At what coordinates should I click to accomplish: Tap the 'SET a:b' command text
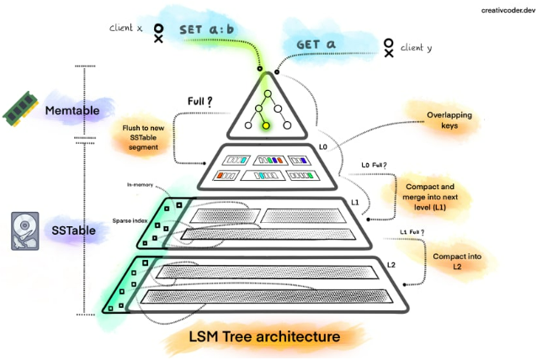pos(208,29)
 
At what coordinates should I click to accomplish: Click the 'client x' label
pos(126,29)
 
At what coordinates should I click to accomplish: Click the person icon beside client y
pos(389,47)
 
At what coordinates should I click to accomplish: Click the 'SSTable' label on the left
pos(76,230)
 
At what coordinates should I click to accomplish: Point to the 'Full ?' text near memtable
pos(199,103)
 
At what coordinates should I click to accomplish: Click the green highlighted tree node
pos(265,126)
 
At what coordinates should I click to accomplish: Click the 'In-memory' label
pos(140,184)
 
